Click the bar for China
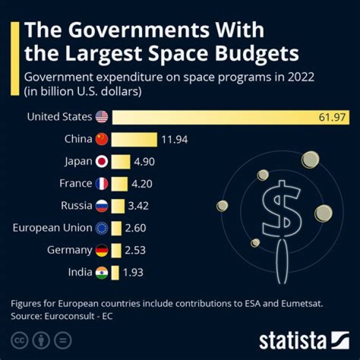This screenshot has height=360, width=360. pos(134,139)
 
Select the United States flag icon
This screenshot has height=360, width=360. pos(101,117)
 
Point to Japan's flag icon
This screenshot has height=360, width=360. pos(101,161)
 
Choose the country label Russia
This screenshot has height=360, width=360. pos(76,205)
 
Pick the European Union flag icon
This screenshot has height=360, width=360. pos(101,228)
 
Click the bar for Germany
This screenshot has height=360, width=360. pos(116,250)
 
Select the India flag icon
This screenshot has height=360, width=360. pos(101,272)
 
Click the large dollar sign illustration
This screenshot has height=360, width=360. pos(282,210)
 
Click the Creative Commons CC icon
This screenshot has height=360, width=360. pos(18,340)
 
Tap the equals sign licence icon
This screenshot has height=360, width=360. pos(63,340)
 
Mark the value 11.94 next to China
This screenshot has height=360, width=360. pos(174,139)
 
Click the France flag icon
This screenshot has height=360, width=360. pos(101,183)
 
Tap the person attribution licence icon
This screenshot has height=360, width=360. pos(40,340)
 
